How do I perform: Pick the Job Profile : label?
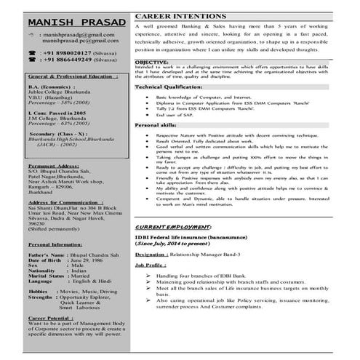151,266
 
